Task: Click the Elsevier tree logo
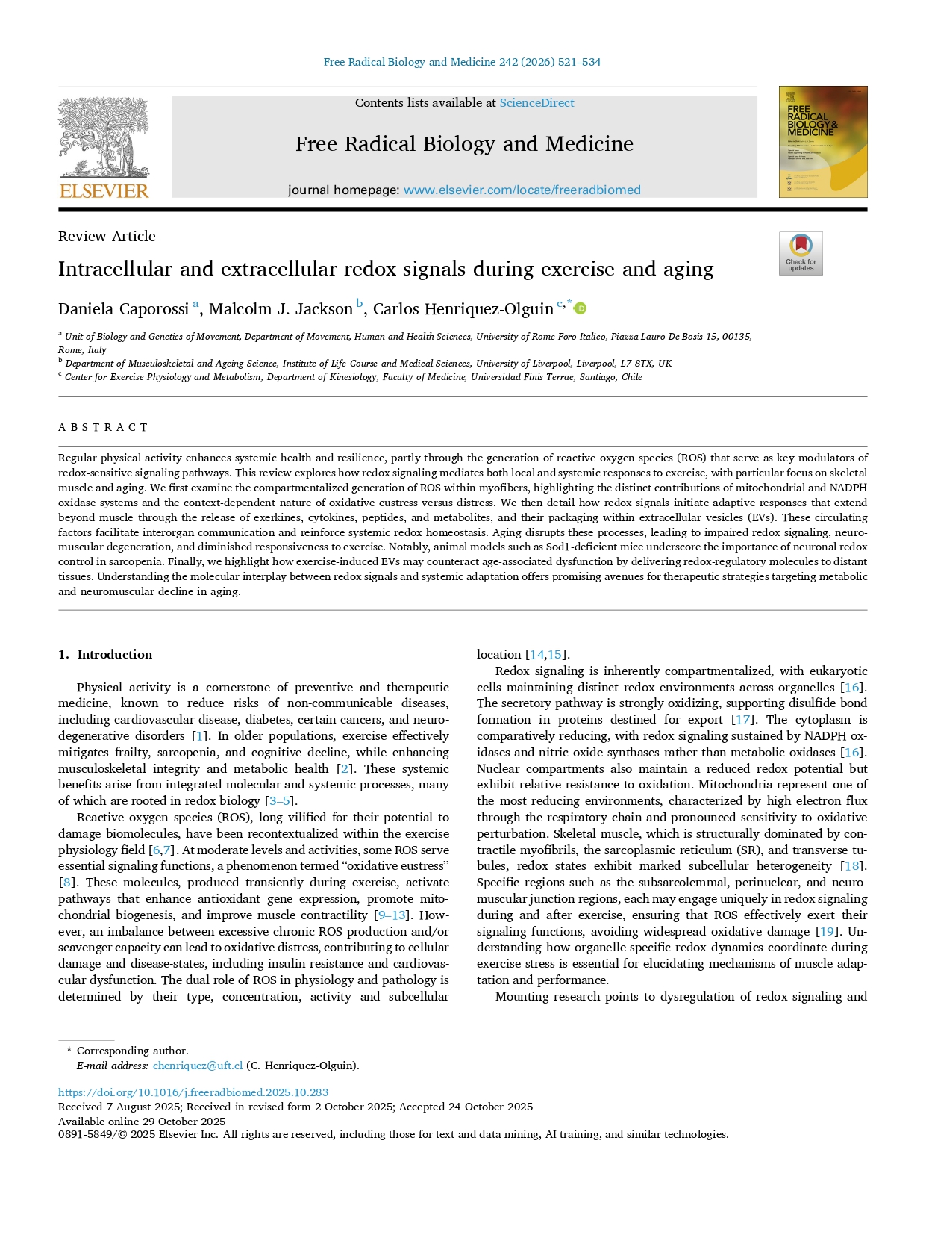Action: [x=104, y=138]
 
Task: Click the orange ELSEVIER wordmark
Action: [x=104, y=191]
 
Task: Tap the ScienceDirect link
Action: [x=536, y=103]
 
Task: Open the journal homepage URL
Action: [x=522, y=190]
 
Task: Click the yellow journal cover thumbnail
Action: [x=822, y=142]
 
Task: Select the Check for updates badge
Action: [x=801, y=253]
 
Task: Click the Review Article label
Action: [x=107, y=237]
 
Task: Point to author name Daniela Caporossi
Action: [x=123, y=309]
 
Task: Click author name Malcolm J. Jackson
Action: [x=281, y=309]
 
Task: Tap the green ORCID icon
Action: [x=580, y=308]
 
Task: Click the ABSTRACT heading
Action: [x=103, y=428]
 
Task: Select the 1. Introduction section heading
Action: [x=105, y=655]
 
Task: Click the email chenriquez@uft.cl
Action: [x=198, y=1066]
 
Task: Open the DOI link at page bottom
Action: [x=193, y=1092]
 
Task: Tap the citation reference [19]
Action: [x=827, y=932]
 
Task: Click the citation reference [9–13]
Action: [x=392, y=915]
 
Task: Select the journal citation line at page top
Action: [x=462, y=62]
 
